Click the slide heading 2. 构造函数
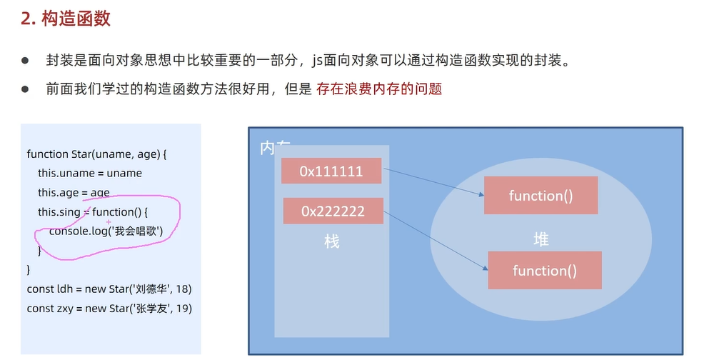click(x=66, y=19)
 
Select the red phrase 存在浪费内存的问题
click(x=378, y=89)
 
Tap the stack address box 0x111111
click(x=331, y=171)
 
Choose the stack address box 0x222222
click(x=333, y=211)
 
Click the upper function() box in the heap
click(x=540, y=196)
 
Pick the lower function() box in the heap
click(x=545, y=271)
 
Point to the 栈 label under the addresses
click(x=331, y=241)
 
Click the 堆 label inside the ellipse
click(x=541, y=239)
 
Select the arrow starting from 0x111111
click(x=433, y=182)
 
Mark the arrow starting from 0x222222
click(x=436, y=241)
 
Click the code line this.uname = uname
click(x=90, y=174)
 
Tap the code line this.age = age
click(x=74, y=193)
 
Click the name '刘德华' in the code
click(x=151, y=289)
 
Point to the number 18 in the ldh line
click(x=183, y=289)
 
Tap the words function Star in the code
click(x=59, y=154)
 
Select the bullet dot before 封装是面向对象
click(x=25, y=61)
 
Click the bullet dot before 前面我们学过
click(x=25, y=89)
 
